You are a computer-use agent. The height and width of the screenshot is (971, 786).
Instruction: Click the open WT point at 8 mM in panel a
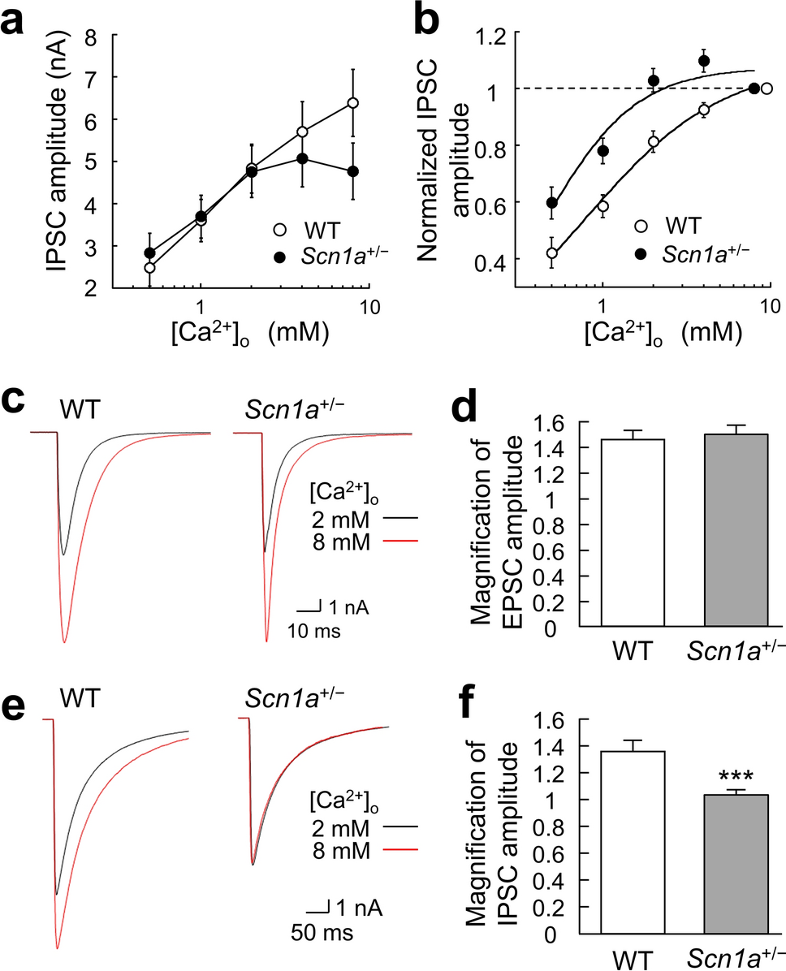tap(352, 103)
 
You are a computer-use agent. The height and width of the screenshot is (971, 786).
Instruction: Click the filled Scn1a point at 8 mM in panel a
tap(352, 171)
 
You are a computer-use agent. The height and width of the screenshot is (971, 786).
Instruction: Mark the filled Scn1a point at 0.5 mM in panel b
tap(529, 203)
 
